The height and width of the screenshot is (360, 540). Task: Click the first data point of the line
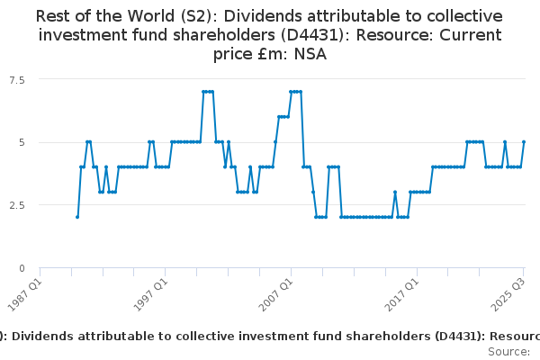pyautogui.click(x=77, y=217)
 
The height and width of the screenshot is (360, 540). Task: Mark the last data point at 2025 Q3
pyautogui.click(x=524, y=142)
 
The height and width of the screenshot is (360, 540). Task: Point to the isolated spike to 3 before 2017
pyautogui.click(x=394, y=192)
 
